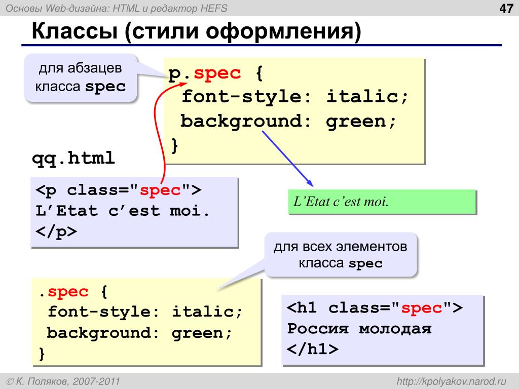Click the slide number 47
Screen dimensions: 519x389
pos(506,8)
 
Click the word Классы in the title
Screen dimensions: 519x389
pos(75,31)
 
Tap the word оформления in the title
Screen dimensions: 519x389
pos(283,32)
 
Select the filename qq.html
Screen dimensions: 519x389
pos(73,159)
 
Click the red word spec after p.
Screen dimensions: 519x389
pos(217,73)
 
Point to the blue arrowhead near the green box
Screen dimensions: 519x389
pos(310,183)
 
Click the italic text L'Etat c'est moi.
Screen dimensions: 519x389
pos(341,202)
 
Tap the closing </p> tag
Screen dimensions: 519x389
pos(56,231)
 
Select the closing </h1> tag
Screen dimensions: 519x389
pos(313,349)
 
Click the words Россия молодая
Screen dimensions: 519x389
pos(359,328)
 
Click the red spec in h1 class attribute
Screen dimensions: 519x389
pos(421,308)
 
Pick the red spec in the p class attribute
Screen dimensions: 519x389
pos(160,190)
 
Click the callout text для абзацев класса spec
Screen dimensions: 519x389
pos(81,77)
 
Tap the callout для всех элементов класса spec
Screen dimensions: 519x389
pos(340,255)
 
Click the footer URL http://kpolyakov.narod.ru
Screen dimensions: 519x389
pos(452,381)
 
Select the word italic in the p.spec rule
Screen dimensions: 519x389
pos(367,96)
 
